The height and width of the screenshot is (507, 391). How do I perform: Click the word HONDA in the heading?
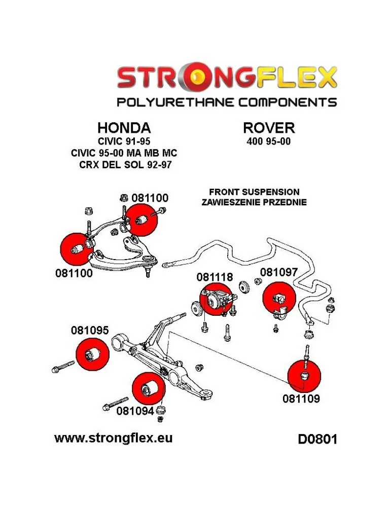(124, 127)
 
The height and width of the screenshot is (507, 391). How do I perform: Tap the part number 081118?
(215, 277)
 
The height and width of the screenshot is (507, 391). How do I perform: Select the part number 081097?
(279, 272)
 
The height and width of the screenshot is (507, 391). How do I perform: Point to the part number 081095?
(90, 331)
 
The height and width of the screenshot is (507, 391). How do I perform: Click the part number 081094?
(135, 411)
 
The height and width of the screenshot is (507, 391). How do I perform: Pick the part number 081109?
(301, 399)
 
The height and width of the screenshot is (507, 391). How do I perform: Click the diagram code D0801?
(317, 439)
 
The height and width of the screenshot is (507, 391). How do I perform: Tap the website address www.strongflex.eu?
(113, 438)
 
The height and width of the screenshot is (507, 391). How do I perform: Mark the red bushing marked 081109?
(304, 375)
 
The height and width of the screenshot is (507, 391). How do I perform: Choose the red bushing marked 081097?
(278, 298)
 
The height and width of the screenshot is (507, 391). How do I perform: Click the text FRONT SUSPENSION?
(254, 192)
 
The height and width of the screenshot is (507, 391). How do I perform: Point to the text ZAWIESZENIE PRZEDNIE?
(254, 202)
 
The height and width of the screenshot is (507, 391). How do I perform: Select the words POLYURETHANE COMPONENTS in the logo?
(227, 102)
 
